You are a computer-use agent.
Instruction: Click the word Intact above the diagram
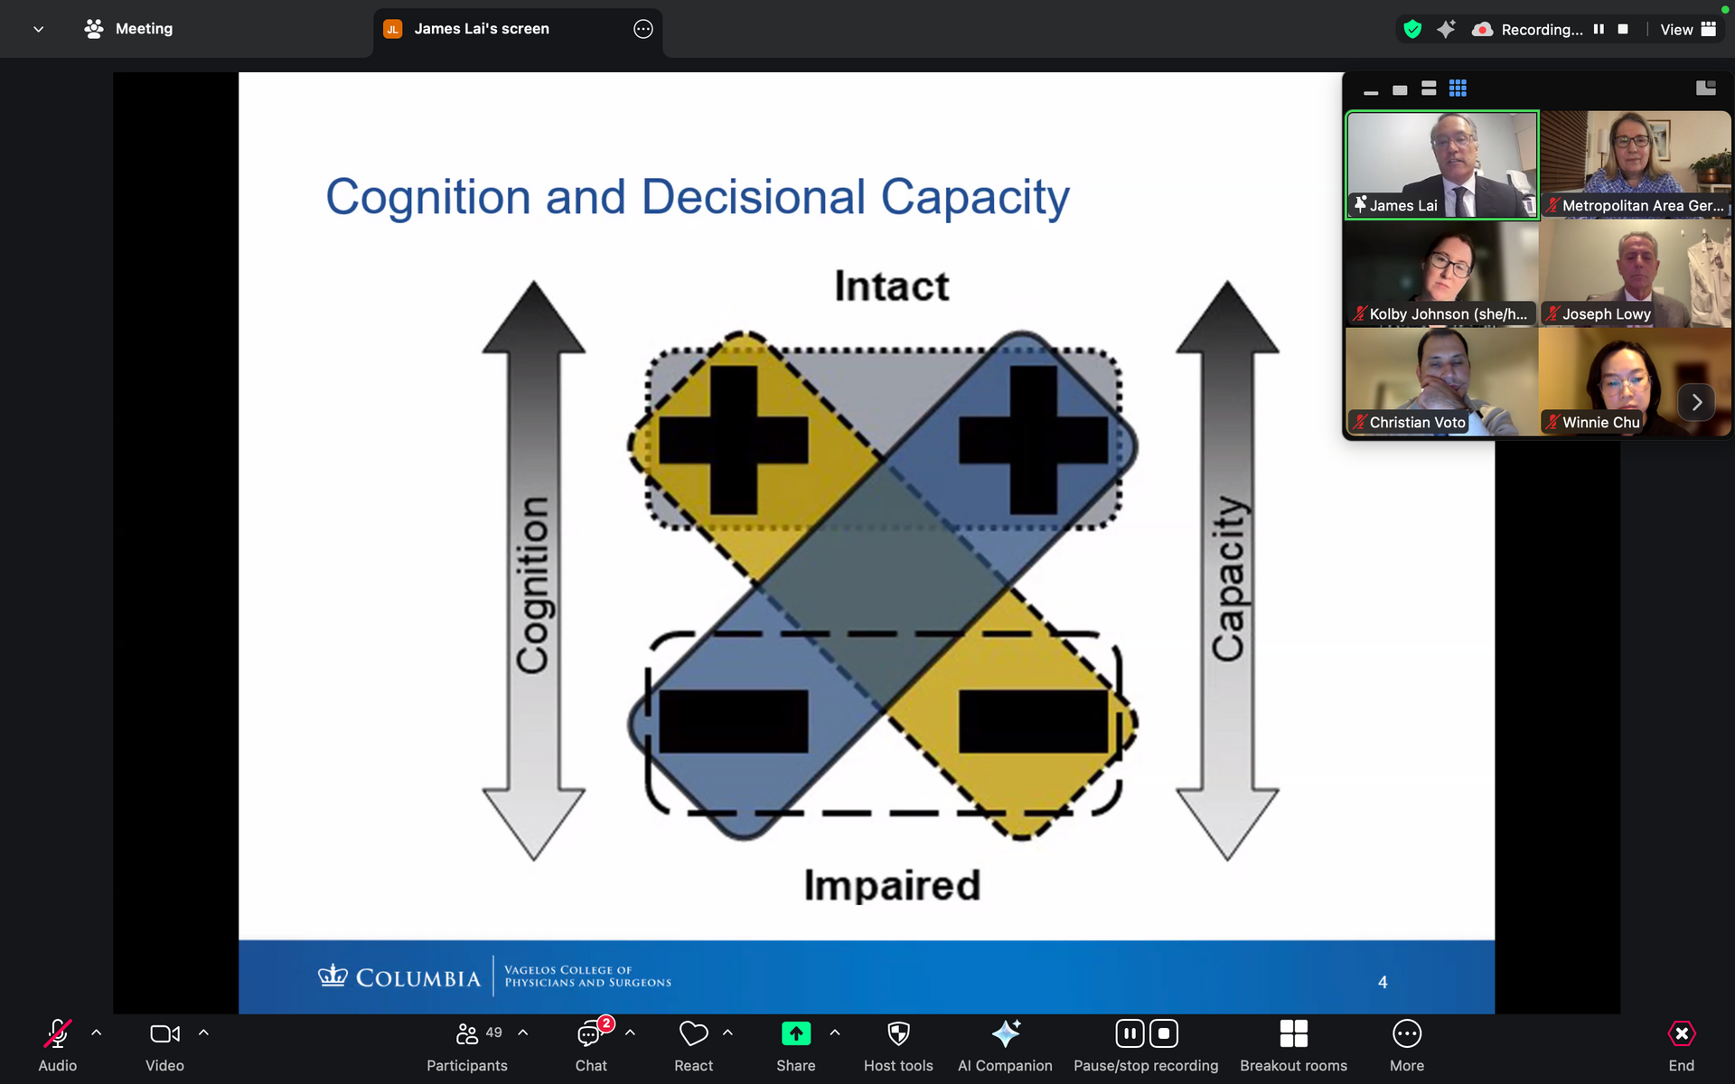pos(891,286)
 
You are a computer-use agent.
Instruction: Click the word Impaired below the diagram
pos(892,885)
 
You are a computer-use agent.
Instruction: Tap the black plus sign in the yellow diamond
pos(733,440)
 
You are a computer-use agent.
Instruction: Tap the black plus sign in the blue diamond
pos(1033,440)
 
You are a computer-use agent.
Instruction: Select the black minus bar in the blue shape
pos(733,722)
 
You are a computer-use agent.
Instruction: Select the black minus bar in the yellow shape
pos(1033,722)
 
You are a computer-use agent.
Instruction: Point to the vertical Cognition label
pos(533,584)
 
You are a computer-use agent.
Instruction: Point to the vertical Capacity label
pos(1228,578)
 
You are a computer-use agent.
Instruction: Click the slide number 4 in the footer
pos(1383,982)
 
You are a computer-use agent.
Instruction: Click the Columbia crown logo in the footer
pos(333,976)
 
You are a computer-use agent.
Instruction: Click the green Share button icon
pos(796,1033)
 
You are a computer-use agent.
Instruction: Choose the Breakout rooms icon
pos(1293,1033)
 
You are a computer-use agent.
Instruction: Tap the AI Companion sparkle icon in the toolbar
pos(1006,1033)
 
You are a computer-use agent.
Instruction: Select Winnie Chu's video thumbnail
pos(1635,382)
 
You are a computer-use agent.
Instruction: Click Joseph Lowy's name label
pos(1606,314)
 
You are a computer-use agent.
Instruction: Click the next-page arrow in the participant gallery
pos(1696,402)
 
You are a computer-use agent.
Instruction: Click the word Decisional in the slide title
pos(754,197)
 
